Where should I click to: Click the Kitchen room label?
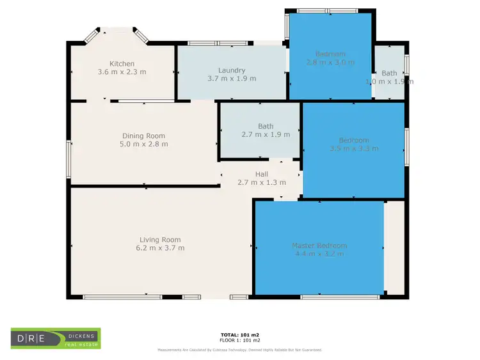(122, 63)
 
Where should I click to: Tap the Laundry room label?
(231, 70)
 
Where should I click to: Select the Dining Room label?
(144, 136)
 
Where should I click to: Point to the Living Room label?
(158, 240)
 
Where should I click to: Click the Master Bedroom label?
(319, 246)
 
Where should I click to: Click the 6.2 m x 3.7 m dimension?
(158, 248)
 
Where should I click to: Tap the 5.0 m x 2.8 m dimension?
(144, 144)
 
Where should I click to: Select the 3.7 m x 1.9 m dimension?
(231, 79)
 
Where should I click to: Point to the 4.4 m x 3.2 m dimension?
(319, 254)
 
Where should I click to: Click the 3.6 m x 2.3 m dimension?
(122, 72)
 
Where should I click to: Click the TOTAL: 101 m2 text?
(240, 334)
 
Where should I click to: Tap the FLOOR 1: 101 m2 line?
(240, 340)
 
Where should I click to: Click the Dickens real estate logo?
(56, 338)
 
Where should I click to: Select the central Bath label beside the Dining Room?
(266, 126)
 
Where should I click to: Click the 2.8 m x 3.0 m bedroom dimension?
(330, 63)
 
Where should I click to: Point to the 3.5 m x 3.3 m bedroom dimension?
(354, 148)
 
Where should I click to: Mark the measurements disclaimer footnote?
(240, 350)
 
